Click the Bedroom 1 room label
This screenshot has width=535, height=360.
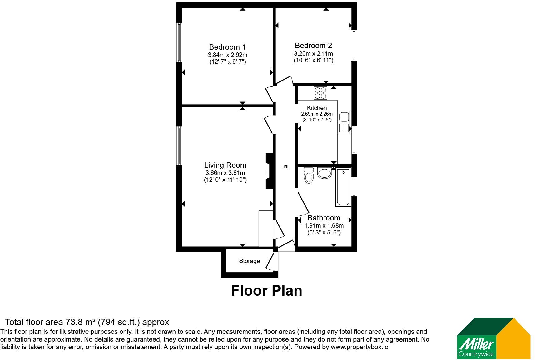pos(227,47)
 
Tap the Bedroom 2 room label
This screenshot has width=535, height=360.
pos(313,45)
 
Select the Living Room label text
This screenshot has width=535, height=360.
pos(225,165)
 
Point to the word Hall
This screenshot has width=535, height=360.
pos(285,166)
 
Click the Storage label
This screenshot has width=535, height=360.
pos(249,261)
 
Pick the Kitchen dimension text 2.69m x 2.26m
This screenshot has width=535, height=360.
pos(317,114)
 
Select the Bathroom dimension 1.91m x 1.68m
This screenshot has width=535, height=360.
pos(324,225)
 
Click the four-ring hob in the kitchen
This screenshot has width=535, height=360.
pos(320,93)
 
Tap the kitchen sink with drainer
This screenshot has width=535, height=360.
pos(344,122)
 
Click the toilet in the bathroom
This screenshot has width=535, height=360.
pos(309,175)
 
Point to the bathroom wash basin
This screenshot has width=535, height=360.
pos(324,173)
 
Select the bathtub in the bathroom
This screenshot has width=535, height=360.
pos(343,187)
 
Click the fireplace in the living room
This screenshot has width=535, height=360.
pos(269,171)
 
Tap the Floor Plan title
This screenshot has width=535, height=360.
pos(266,291)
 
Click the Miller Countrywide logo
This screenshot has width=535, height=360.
pos(493,338)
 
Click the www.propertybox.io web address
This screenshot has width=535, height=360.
pos(359,347)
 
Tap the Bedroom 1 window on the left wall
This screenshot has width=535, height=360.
pos(179,42)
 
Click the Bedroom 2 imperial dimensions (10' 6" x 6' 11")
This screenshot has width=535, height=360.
pos(313,60)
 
